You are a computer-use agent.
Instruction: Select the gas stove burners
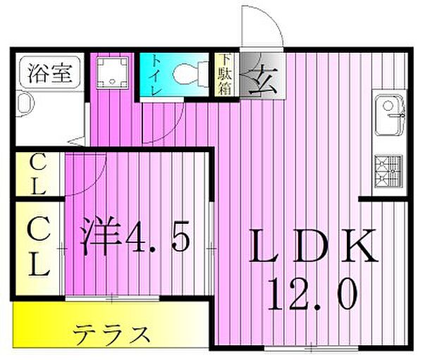point(388,170)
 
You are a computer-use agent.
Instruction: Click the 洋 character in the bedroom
point(98,238)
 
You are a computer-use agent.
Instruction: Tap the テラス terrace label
point(113,333)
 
